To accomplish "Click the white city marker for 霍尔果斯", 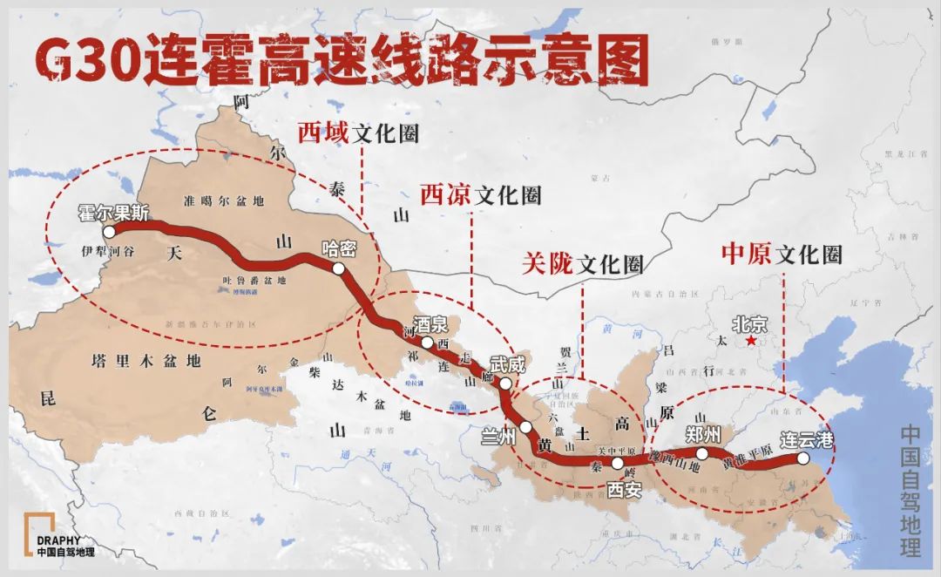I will pos(109,233).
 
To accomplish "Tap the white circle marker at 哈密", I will pos(338,269).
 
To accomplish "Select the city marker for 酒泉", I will pos(427,343).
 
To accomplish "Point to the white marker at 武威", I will pos(505,383).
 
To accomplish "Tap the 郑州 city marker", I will pos(702,454).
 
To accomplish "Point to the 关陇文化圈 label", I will pos(582,264).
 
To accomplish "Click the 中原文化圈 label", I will pos(782,254).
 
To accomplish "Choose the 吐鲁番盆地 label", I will pos(254,280).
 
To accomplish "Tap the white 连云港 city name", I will pos(806,439).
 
